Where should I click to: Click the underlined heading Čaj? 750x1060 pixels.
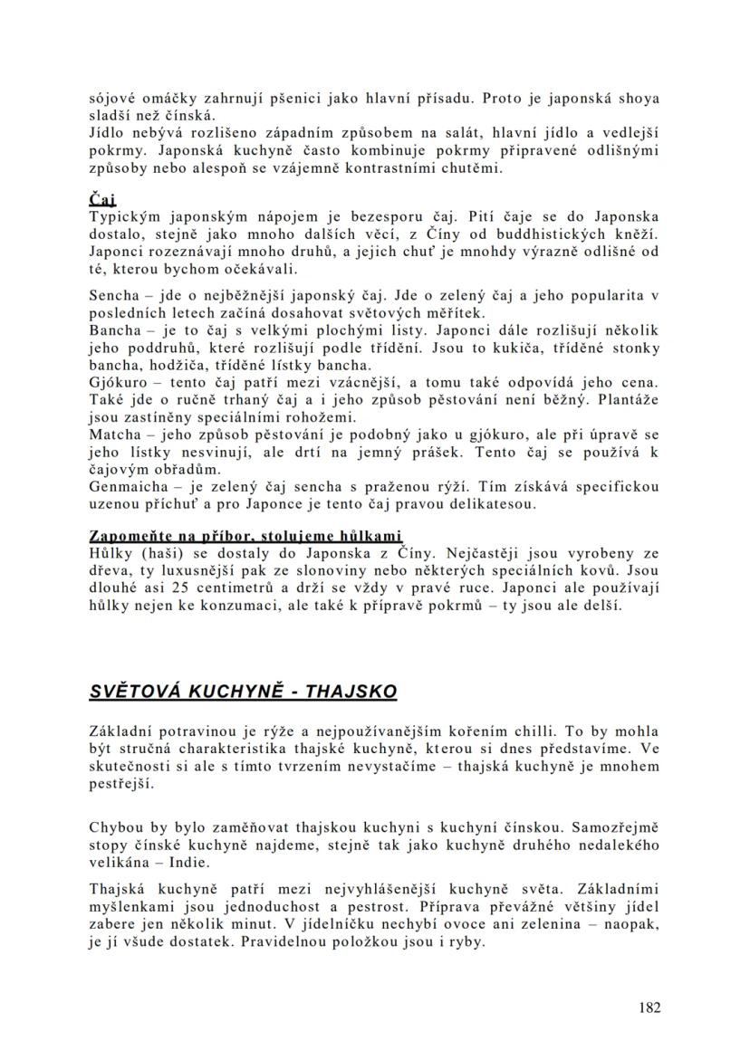coord(103,200)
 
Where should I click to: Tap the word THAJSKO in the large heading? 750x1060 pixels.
coord(352,692)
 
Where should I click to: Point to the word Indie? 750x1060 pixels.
coord(189,863)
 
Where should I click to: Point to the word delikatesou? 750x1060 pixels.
coord(494,503)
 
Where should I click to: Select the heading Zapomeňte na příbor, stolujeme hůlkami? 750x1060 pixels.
coord(245,536)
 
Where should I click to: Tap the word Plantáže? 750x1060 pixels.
coord(625,400)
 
